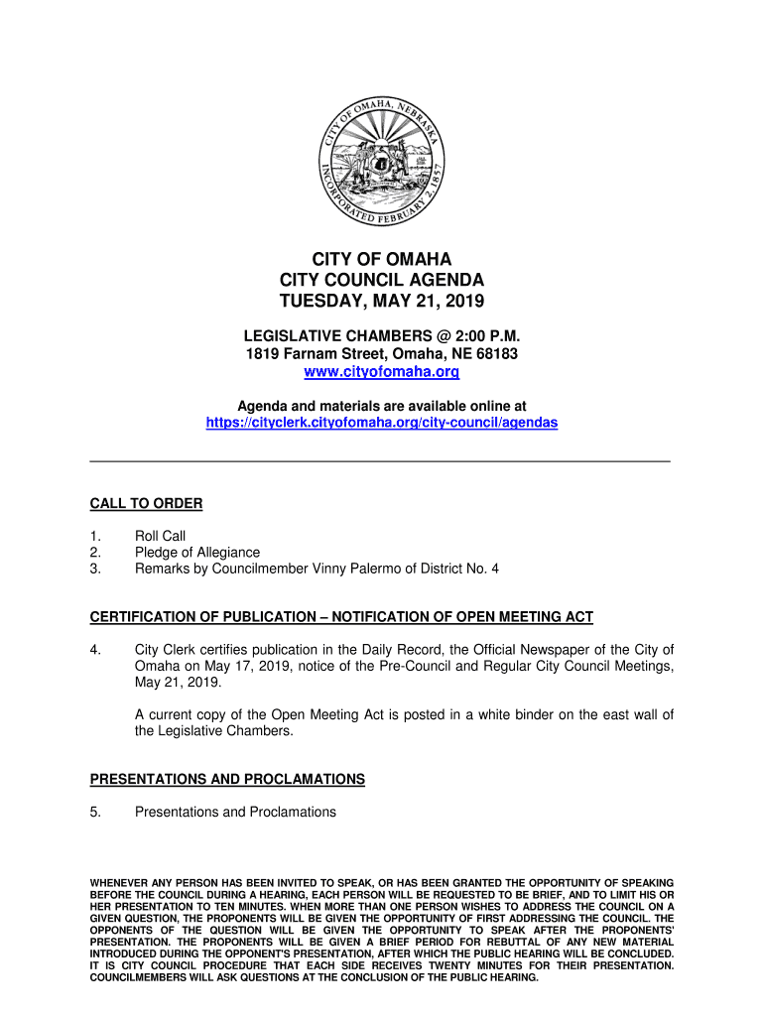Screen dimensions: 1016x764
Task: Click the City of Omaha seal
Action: (382, 163)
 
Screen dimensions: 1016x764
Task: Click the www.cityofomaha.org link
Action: (382, 373)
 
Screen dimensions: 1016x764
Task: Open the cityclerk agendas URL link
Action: (382, 423)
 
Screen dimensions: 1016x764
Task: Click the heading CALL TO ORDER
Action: (146, 504)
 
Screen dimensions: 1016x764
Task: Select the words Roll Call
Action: (160, 537)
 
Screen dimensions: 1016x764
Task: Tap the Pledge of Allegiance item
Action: (197, 553)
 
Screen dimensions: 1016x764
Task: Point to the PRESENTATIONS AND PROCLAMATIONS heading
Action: (227, 780)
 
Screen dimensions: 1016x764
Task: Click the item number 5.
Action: (95, 813)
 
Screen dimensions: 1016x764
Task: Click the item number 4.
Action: (95, 650)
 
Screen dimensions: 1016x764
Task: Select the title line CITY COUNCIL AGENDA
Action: (382, 281)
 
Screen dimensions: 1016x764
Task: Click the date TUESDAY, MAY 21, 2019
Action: (382, 302)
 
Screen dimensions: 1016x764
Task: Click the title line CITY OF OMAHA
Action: (382, 260)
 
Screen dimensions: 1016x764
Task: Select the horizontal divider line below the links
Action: (380, 462)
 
